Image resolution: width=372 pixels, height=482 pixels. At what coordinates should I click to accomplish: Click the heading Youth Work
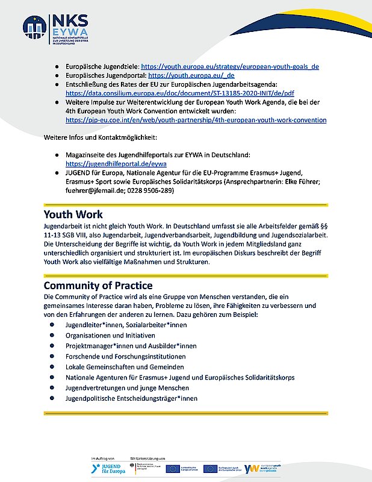(x=73, y=214)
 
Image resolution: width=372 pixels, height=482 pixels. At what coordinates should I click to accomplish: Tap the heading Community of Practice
(x=98, y=285)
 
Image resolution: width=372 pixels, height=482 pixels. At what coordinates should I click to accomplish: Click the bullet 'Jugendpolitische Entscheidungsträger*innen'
(x=131, y=398)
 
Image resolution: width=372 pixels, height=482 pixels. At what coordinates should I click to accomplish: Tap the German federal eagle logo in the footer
(x=135, y=468)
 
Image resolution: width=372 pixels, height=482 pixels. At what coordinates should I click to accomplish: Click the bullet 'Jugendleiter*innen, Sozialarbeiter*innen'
(x=126, y=325)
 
